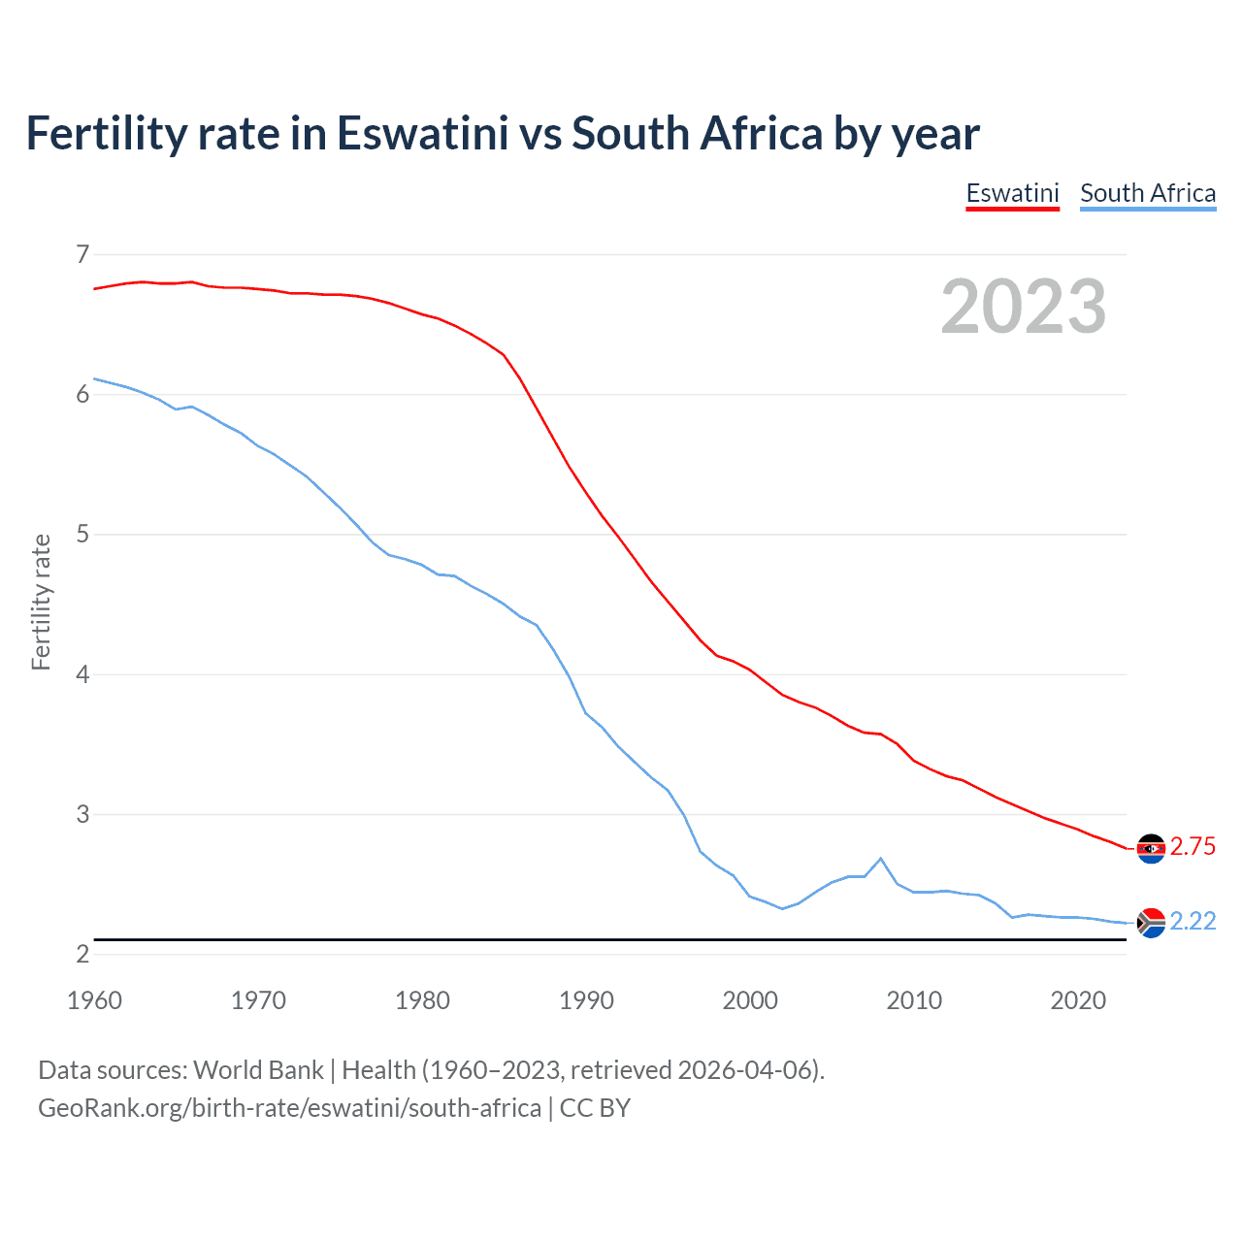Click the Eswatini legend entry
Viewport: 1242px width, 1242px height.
pyautogui.click(x=1012, y=193)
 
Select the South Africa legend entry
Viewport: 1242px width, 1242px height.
pyautogui.click(x=1148, y=193)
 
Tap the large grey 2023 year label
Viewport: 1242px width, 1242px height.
pyautogui.click(x=1024, y=307)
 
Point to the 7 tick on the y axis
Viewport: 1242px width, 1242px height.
pyautogui.click(x=82, y=254)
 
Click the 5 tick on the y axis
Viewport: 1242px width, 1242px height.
pyautogui.click(x=82, y=534)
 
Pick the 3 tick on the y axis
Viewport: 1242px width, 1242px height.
pyautogui.click(x=82, y=814)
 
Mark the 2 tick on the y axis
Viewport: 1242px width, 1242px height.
pyautogui.click(x=82, y=954)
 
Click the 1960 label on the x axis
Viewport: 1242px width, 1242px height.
pyautogui.click(x=94, y=1000)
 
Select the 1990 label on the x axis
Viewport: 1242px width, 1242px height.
pyautogui.click(x=586, y=1000)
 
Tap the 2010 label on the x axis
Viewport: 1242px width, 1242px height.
pyautogui.click(x=914, y=1000)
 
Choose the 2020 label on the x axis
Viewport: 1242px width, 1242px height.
pyautogui.click(x=1078, y=1000)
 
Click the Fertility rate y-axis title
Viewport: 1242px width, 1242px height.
pyautogui.click(x=41, y=602)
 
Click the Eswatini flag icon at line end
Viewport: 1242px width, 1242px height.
pyautogui.click(x=1151, y=848)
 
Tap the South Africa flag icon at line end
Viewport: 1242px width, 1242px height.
pyautogui.click(x=1151, y=923)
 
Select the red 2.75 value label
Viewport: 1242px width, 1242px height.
pyautogui.click(x=1193, y=847)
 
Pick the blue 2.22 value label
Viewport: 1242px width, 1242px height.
pyautogui.click(x=1193, y=922)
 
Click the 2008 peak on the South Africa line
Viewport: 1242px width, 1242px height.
pyautogui.click(x=880, y=859)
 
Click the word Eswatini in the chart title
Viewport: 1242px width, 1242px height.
pyautogui.click(x=422, y=134)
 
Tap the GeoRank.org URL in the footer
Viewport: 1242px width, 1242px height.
pyautogui.click(x=289, y=1108)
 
